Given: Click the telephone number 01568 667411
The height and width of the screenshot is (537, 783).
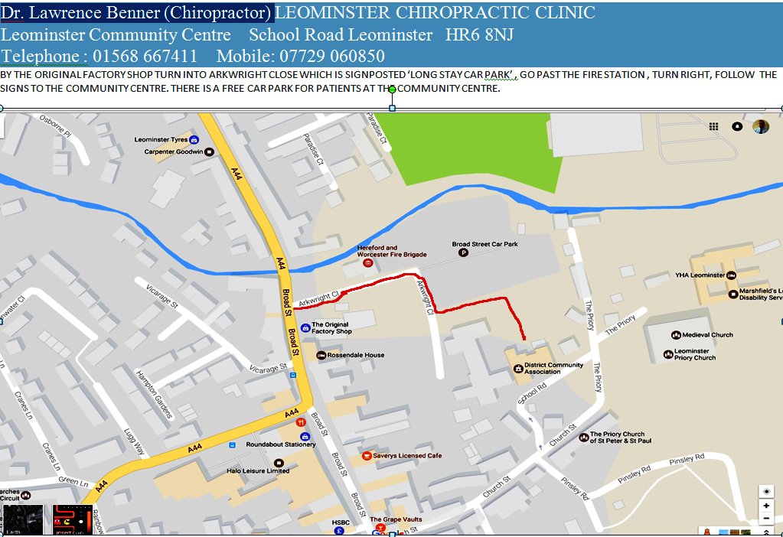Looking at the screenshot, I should click(x=145, y=57).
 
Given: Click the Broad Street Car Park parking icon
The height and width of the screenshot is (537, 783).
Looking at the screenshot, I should click(x=462, y=253).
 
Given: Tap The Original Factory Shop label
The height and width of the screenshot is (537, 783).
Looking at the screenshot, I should click(x=331, y=327).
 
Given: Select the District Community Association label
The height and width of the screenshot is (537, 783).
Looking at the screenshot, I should click(x=553, y=368).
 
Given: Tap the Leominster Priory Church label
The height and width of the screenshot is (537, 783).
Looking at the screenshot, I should click(x=694, y=354).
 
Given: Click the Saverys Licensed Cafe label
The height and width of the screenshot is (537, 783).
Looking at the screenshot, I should click(x=407, y=456).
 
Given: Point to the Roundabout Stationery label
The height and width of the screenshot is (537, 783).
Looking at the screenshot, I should click(x=280, y=444).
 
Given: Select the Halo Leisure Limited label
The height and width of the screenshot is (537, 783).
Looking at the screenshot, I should click(x=258, y=470).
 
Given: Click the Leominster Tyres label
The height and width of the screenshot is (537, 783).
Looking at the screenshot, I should click(x=161, y=140).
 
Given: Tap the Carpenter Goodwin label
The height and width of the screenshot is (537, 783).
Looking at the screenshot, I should click(x=175, y=151).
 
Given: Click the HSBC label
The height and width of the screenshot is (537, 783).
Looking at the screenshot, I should click(x=341, y=522).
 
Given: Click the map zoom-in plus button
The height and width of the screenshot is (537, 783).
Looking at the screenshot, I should click(x=766, y=506).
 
